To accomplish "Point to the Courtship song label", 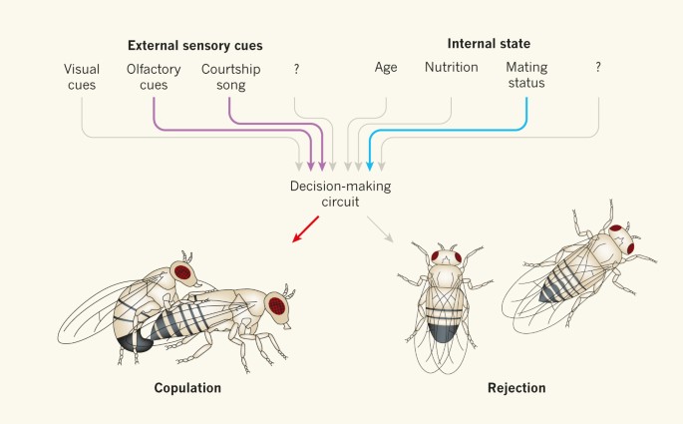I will [230, 77].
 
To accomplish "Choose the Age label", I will [386, 68].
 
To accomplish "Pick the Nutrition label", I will [452, 68].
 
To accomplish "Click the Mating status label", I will [526, 77].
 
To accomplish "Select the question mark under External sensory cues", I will [296, 68].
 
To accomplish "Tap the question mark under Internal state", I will [598, 68].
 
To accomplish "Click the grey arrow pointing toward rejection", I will [378, 235].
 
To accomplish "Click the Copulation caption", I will [187, 387].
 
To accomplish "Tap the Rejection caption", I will [515, 387].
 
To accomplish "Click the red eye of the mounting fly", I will [183, 270].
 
